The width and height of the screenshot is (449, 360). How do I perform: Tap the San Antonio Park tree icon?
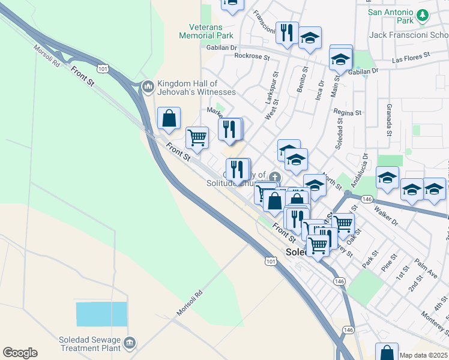point(424,16)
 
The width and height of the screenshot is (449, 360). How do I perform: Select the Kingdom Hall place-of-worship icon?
point(148,88)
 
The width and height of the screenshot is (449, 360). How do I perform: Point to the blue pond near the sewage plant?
point(101,314)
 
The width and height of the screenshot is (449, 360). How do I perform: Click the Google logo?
point(20,353)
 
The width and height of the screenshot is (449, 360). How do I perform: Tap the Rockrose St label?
point(249,56)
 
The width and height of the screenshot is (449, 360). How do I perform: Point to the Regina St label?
point(348,112)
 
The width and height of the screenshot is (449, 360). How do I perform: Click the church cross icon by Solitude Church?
point(275,176)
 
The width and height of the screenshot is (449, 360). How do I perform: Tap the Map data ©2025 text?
point(424,355)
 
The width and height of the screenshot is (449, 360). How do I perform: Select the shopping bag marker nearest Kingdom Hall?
point(169,118)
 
